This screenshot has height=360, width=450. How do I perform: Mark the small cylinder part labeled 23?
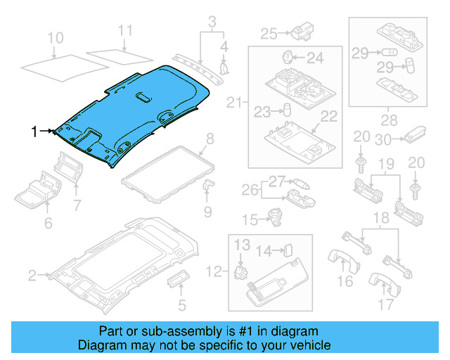click(x=287, y=109)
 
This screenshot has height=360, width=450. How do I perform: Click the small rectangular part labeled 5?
click(x=176, y=282)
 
